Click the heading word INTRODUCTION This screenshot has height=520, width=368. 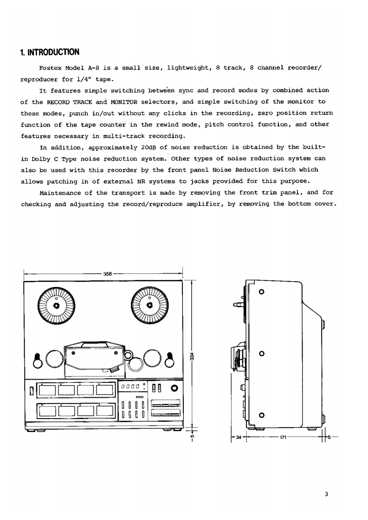[x=53, y=51]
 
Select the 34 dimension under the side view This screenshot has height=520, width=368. [x=238, y=437]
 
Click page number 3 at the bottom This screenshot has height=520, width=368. [x=327, y=494]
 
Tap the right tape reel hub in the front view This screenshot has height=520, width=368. [x=149, y=306]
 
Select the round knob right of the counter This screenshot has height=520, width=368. [x=174, y=387]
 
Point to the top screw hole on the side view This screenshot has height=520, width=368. [x=262, y=292]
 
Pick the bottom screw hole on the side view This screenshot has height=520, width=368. [x=262, y=415]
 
